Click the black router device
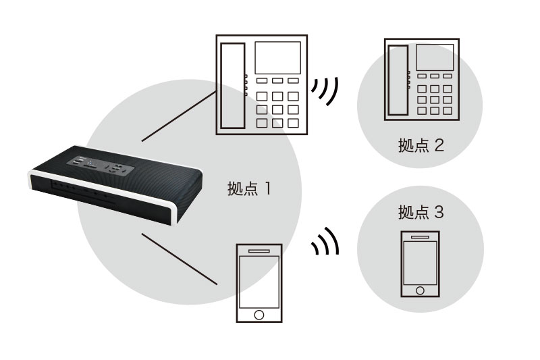(115, 182)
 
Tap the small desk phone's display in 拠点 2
(434, 56)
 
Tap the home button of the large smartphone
(258, 315)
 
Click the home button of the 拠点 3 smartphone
(420, 290)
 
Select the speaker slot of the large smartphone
(258, 251)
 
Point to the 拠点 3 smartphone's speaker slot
(420, 237)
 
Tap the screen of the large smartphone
(258, 282)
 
